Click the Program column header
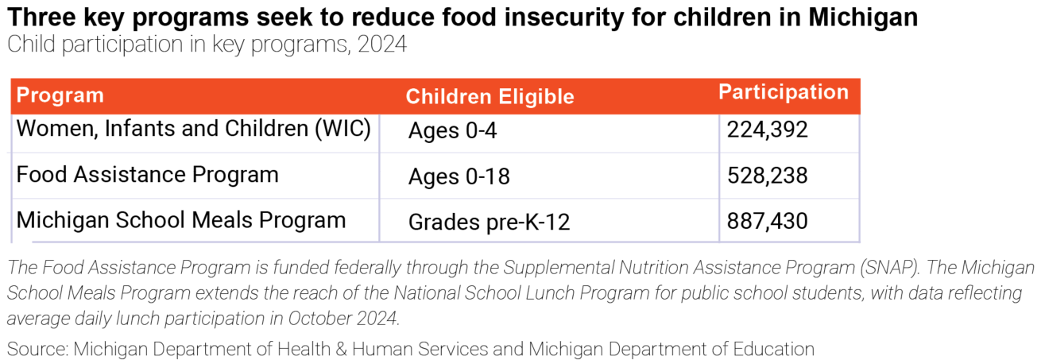click(x=60, y=95)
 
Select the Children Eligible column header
click(x=490, y=97)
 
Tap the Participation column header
click(x=783, y=92)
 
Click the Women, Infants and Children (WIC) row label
click(x=193, y=129)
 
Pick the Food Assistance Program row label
click(x=147, y=175)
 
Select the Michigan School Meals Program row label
click(x=180, y=220)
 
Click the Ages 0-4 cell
click(x=452, y=131)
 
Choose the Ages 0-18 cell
click(x=459, y=176)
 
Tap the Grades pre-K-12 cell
click(x=489, y=223)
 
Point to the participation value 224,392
click(x=767, y=130)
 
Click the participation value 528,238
click(x=767, y=176)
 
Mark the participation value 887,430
click(x=767, y=221)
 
